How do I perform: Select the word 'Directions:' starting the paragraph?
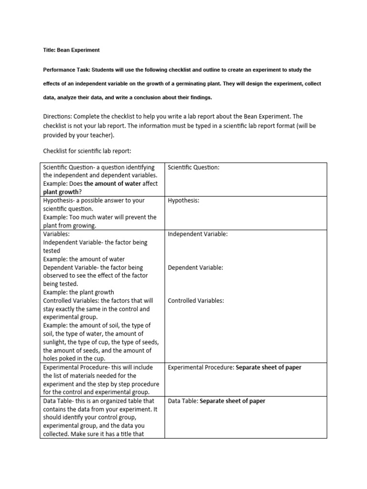tap(58, 117)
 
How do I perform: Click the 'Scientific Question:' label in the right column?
tap(194, 168)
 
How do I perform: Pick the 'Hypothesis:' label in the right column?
tap(183, 201)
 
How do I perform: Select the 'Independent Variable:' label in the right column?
tap(197, 234)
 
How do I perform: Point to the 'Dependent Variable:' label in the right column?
tap(195, 268)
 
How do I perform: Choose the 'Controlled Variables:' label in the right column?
tap(196, 301)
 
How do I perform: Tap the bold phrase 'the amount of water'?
tap(112, 184)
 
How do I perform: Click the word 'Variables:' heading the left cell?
tap(56, 234)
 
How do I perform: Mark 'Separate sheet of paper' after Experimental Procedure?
tap(269, 368)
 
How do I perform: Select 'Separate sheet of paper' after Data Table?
tap(232, 401)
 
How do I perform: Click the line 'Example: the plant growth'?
tap(78, 292)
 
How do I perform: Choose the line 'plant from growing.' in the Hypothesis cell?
tap(70, 226)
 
